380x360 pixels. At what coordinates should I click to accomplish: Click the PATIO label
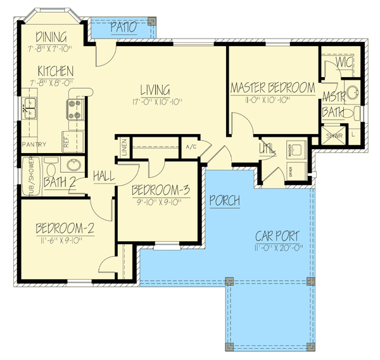click(123, 27)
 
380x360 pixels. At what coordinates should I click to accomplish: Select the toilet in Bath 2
click(53, 166)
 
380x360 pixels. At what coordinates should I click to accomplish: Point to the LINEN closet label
click(125, 147)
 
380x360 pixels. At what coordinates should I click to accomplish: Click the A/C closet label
click(190, 147)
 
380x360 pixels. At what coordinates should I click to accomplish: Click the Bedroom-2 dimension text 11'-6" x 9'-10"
click(65, 240)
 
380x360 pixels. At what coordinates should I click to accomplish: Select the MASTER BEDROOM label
click(272, 88)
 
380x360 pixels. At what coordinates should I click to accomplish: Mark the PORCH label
click(225, 201)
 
